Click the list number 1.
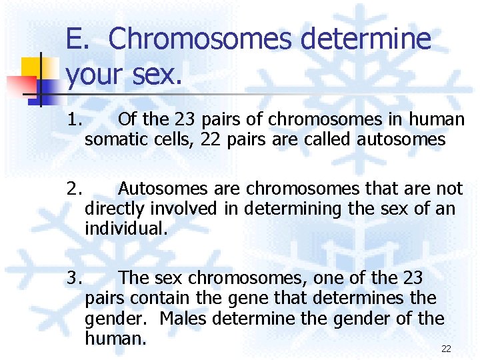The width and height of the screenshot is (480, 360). click(x=74, y=120)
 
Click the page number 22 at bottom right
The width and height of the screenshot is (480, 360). click(x=446, y=349)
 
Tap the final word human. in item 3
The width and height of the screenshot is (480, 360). click(x=115, y=338)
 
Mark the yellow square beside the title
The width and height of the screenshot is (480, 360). click(x=31, y=68)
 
